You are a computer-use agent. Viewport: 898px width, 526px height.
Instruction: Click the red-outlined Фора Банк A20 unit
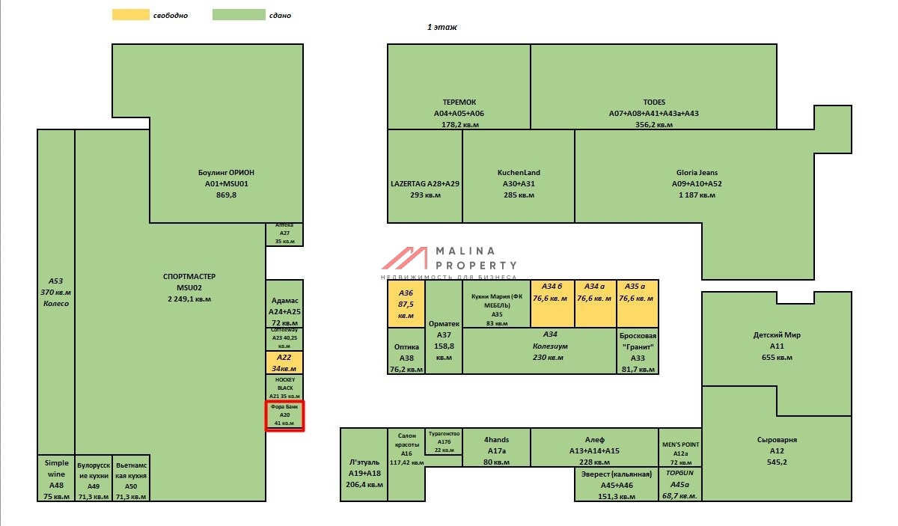click(x=284, y=415)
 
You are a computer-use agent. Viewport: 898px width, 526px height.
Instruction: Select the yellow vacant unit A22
click(x=284, y=362)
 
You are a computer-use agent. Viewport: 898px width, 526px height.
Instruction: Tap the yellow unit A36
click(x=406, y=304)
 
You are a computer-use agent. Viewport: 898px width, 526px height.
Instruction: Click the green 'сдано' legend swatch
click(x=239, y=15)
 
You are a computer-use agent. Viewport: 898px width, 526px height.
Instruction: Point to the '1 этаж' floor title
click(x=442, y=27)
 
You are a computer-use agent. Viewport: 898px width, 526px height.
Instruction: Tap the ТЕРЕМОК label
click(x=459, y=102)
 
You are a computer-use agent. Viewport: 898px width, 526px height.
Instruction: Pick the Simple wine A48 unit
click(x=56, y=477)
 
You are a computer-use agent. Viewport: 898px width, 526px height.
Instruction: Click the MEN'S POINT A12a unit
click(x=679, y=447)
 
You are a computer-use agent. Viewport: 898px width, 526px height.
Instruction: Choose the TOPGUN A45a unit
click(x=679, y=484)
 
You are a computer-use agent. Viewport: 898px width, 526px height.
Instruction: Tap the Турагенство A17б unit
click(x=444, y=441)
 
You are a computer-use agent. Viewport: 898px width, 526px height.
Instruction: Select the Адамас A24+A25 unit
click(x=284, y=305)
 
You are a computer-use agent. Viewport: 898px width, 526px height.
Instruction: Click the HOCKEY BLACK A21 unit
click(x=284, y=387)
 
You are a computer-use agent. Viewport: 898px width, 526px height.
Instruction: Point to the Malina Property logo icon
click(x=404, y=258)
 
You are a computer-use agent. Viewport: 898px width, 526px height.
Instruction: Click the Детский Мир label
click(x=776, y=334)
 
